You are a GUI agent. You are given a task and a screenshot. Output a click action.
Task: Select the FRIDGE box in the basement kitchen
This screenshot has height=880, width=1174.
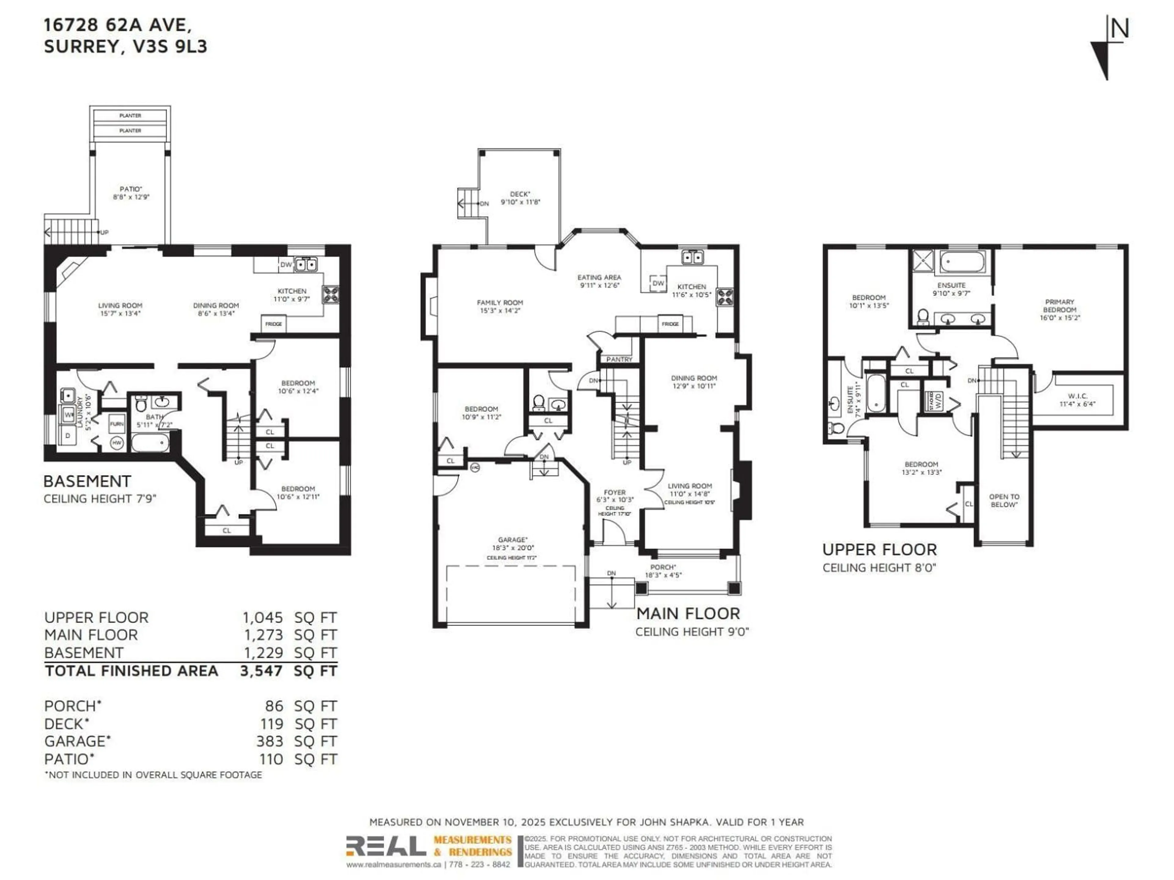tap(273, 324)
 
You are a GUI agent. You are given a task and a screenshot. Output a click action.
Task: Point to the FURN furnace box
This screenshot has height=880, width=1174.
tap(117, 424)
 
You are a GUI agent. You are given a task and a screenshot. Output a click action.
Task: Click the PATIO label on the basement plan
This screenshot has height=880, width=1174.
tap(131, 189)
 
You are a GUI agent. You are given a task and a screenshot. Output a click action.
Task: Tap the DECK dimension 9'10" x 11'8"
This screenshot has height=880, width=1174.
tap(520, 202)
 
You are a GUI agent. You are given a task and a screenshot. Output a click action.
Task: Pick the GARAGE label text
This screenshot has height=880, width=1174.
tap(511, 539)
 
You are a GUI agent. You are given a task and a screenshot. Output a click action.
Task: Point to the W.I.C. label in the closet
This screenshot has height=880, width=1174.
tap(1077, 396)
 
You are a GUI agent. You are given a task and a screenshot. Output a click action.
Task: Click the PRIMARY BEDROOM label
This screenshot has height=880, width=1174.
tap(1059, 306)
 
